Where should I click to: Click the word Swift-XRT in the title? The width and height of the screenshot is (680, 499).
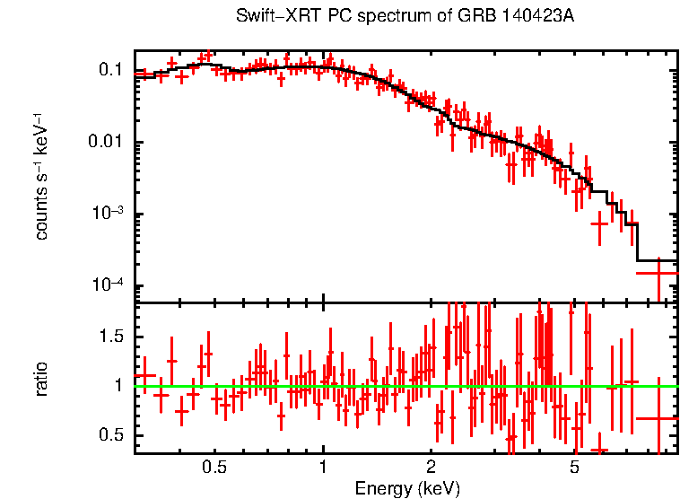coord(268,17)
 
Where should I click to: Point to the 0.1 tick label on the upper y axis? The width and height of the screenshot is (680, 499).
coord(110,70)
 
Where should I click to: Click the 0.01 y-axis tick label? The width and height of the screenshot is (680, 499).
coord(106,143)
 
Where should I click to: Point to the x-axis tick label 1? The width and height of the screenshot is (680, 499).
coord(323,468)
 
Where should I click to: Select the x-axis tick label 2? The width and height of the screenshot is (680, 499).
coord(431,468)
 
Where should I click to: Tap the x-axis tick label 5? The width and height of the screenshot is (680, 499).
coord(574,468)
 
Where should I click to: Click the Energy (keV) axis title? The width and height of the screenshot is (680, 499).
coord(406,488)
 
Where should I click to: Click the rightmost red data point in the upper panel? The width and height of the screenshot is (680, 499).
coord(659,272)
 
